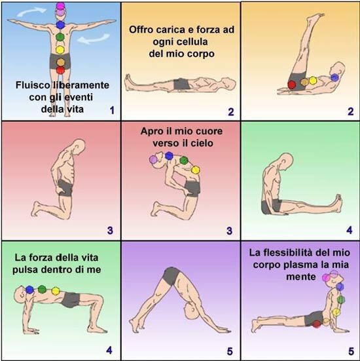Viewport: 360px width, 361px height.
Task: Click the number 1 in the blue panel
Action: point(112,110)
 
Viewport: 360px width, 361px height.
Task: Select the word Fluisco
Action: point(33,85)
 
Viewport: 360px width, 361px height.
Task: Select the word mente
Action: point(300,276)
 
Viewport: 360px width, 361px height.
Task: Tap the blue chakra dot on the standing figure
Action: point(60,25)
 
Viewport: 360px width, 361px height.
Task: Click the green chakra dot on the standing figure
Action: point(60,37)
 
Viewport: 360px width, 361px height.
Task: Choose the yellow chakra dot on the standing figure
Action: point(60,50)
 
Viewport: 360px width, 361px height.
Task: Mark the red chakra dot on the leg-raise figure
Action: point(292,85)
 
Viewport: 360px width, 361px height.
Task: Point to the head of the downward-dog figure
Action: point(190,311)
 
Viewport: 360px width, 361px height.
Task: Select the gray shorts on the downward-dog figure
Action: point(171,276)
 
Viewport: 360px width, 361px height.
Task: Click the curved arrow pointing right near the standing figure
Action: point(31,12)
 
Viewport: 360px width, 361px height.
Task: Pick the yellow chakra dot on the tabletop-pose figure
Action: point(56,291)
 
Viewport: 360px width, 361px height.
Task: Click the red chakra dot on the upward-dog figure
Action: point(317,324)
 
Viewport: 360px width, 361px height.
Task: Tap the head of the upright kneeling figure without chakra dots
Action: point(79,145)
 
